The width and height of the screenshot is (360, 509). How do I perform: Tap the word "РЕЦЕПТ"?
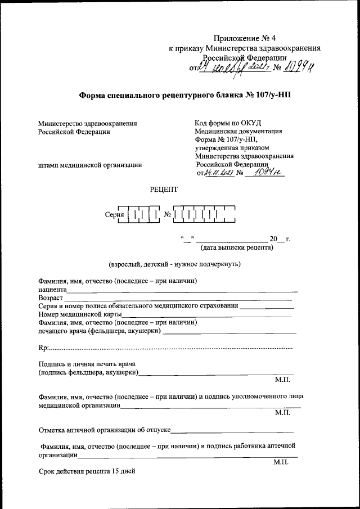click(x=163, y=190)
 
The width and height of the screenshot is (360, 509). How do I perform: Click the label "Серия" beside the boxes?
click(x=114, y=215)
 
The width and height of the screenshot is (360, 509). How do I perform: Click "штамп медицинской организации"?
click(x=90, y=165)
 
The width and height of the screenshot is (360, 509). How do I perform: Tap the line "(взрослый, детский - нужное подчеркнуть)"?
click(x=174, y=263)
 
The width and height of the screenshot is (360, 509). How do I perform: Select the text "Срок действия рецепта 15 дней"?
click(x=87, y=471)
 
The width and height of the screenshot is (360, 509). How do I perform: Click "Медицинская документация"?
click(x=238, y=132)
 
